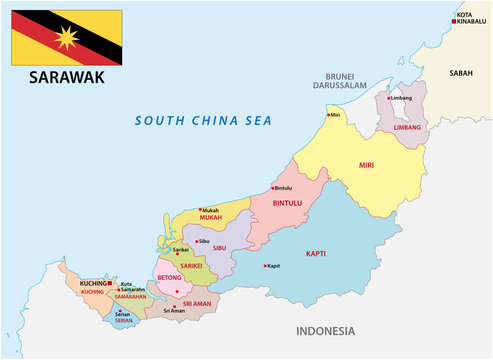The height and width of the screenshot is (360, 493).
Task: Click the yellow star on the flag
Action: click(67, 38)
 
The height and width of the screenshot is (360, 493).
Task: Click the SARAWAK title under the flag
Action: click(66, 77)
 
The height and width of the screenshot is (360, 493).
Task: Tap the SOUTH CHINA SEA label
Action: click(204, 120)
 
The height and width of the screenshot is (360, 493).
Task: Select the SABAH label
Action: click(461, 73)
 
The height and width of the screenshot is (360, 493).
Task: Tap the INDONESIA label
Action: click(326, 330)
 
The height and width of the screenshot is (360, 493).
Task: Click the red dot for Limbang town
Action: click(388, 99)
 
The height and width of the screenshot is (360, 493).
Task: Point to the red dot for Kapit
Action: click(265, 266)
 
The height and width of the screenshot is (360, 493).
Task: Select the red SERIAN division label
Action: click(123, 321)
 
